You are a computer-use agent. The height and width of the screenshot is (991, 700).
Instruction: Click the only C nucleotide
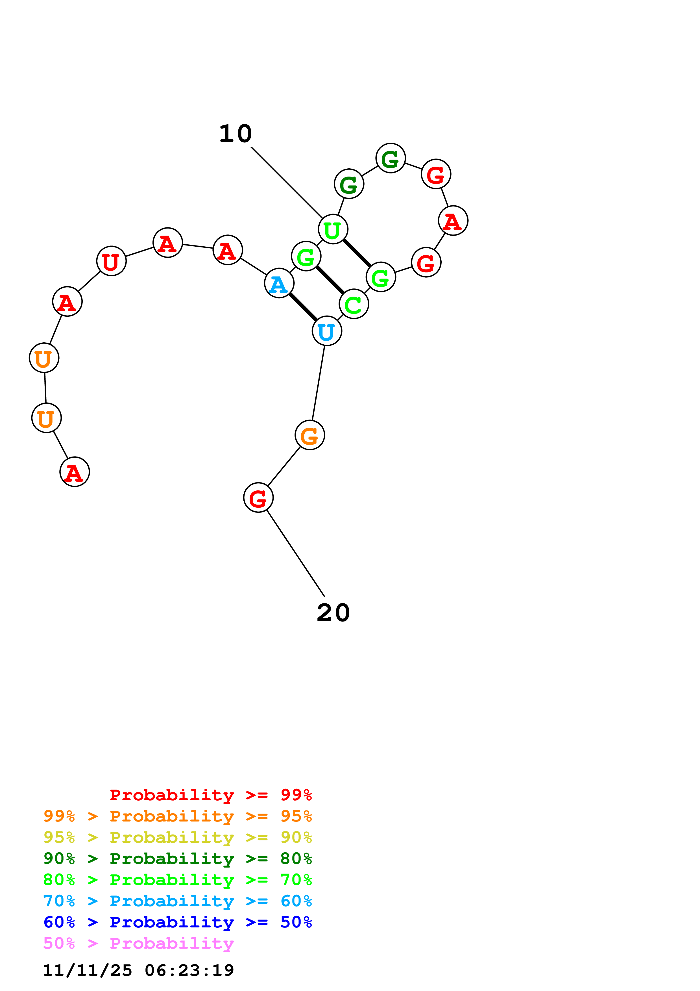coord(354,304)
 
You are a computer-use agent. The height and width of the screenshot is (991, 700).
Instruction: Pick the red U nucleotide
coord(111,261)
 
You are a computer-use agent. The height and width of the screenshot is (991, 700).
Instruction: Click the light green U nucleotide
coord(333,229)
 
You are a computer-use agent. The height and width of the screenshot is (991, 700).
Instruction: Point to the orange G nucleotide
coord(310,435)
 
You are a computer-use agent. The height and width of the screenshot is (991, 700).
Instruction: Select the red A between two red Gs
coord(453,221)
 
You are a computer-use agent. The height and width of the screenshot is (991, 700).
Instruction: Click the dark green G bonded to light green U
coord(349,184)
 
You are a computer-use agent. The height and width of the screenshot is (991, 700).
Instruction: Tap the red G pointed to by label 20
coord(258,498)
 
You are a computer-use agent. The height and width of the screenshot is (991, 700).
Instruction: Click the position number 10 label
coord(235,134)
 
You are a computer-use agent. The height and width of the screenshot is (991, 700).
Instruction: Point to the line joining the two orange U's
coord(45,388)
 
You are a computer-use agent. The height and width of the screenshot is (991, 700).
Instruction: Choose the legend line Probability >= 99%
coord(210,795)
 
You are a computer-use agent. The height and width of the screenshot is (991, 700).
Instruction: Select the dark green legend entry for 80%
coord(177,859)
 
